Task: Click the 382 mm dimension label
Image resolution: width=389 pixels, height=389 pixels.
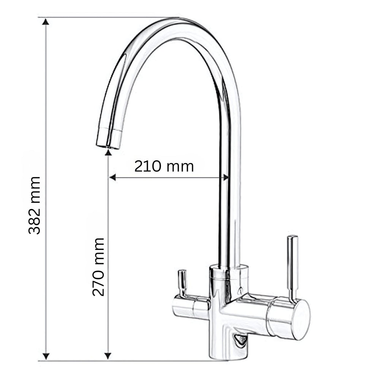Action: point(34,206)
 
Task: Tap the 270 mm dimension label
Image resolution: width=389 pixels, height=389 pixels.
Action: point(98,267)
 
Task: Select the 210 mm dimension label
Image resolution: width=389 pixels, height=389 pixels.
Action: point(164,166)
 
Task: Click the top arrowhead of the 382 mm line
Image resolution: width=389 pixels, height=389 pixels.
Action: point(46,22)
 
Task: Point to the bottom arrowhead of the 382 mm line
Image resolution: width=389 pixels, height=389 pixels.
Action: point(46,356)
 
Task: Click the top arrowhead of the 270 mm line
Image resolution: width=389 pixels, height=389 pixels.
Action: point(108,152)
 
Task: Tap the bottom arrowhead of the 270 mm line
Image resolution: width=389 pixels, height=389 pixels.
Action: point(108,356)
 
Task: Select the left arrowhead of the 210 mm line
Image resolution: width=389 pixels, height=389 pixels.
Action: point(112,177)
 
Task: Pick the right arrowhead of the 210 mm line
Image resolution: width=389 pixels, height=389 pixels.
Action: point(225,177)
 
